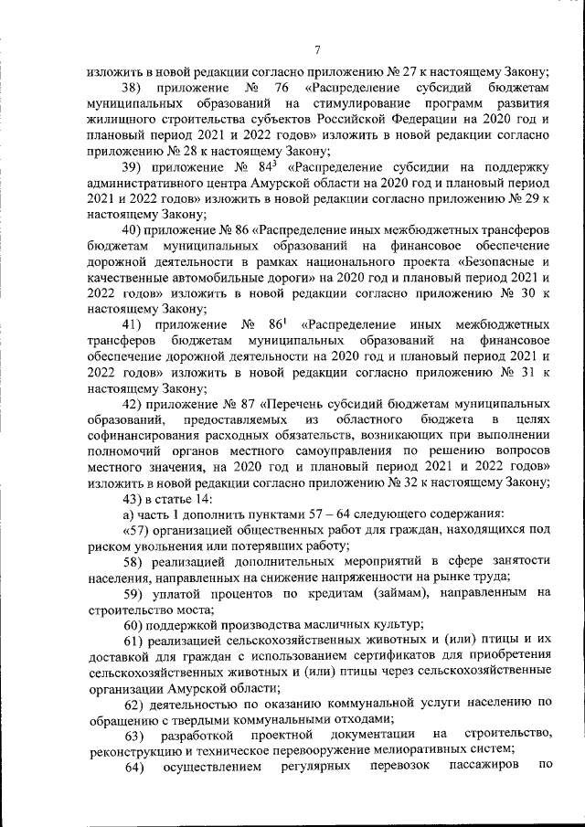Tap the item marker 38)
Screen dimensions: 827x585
(135, 88)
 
